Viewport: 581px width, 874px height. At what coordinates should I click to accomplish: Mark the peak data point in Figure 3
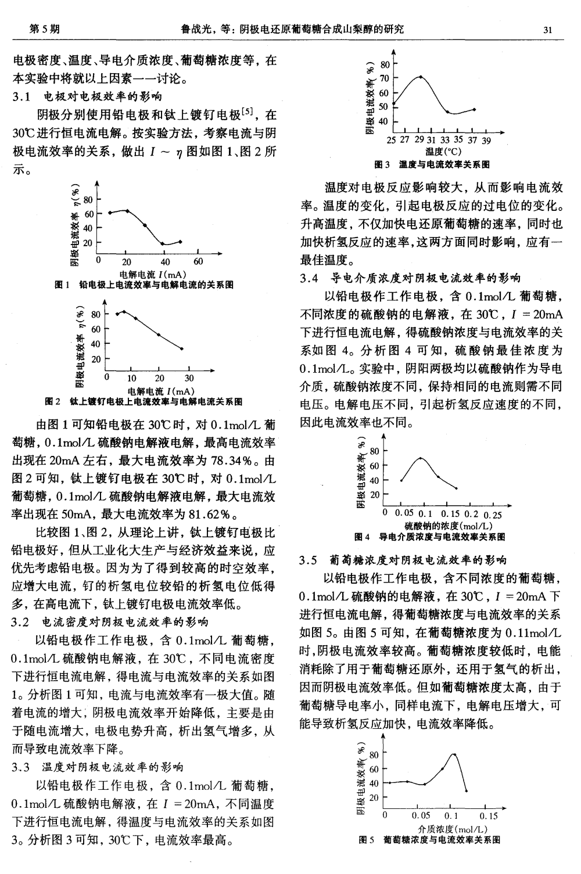pos(421,77)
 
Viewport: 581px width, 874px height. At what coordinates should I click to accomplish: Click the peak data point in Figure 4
pos(421,458)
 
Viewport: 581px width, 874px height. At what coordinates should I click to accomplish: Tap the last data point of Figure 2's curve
pos(182,348)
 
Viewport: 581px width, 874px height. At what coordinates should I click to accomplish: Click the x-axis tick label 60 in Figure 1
pos(198,262)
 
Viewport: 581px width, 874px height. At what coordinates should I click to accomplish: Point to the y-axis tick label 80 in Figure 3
pos(384,64)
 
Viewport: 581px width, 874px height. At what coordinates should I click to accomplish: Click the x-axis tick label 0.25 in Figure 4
pos(493,515)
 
